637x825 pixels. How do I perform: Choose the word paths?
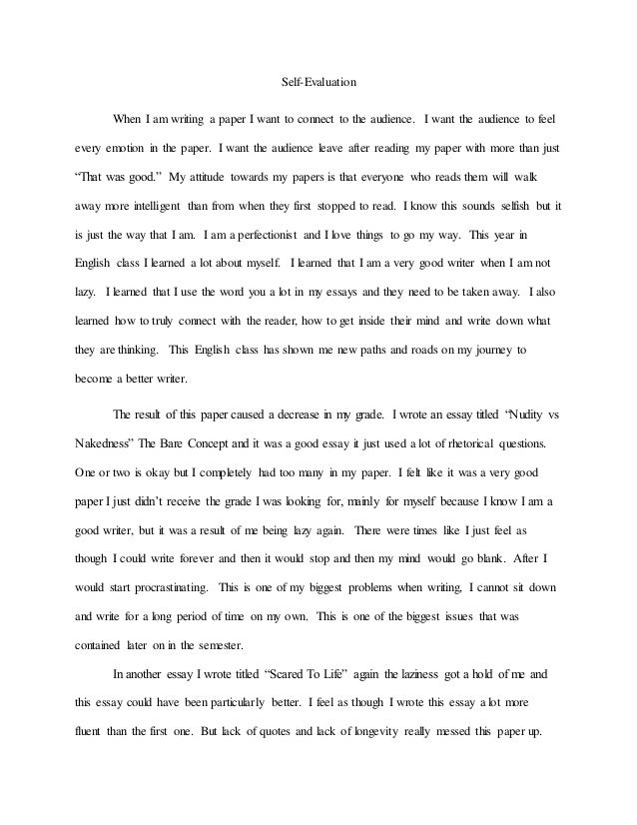367,353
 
